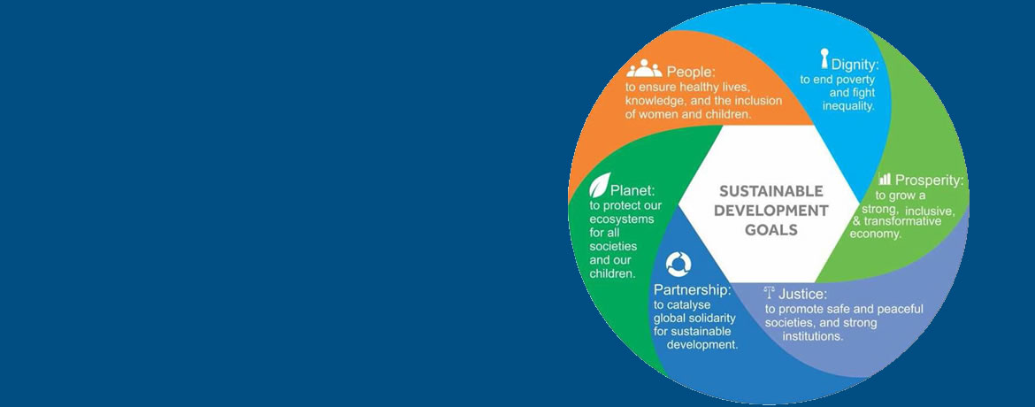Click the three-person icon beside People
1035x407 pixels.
[644, 68]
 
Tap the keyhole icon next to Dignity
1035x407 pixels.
[824, 58]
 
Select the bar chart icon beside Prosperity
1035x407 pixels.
[885, 179]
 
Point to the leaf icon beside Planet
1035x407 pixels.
[599, 185]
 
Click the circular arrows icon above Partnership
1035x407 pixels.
[678, 264]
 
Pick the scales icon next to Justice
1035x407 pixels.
[769, 292]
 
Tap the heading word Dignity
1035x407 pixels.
[855, 65]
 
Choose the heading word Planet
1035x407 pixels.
[632, 191]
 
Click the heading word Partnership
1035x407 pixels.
[693, 290]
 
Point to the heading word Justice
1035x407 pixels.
[802, 294]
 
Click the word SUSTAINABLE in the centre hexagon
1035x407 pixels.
[771, 192]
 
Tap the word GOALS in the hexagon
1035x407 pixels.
[771, 230]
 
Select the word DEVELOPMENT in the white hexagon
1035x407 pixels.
[771, 211]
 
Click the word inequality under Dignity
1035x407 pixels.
[848, 105]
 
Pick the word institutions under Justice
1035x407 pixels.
[813, 336]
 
